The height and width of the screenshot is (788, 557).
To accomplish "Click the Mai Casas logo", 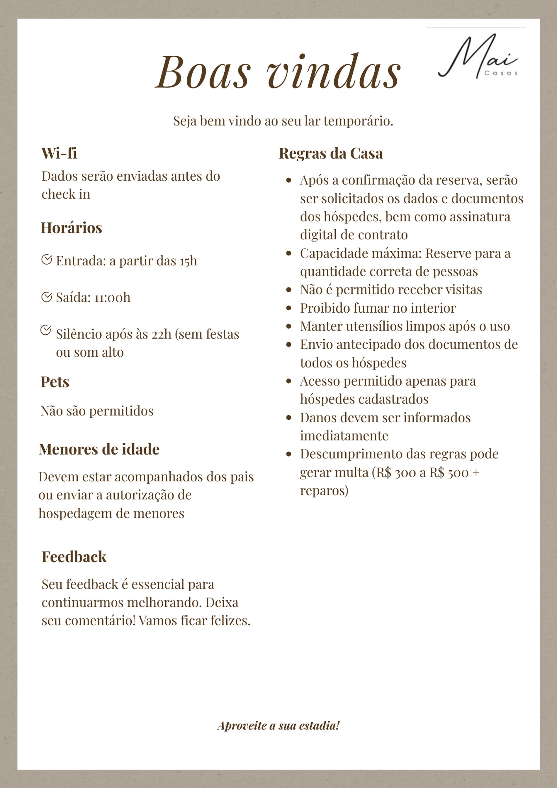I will pyautogui.click(x=478, y=56).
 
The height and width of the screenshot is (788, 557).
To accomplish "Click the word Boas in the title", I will pyautogui.click(x=203, y=72).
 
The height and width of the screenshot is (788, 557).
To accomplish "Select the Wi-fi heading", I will pyautogui.click(x=59, y=153).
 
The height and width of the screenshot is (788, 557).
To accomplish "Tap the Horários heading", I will pyautogui.click(x=71, y=228).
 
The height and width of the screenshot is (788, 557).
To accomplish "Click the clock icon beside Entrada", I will pyautogui.click(x=46, y=260).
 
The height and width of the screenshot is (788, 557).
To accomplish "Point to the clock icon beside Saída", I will pyautogui.click(x=46, y=296).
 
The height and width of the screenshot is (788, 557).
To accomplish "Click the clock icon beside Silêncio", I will pyautogui.click(x=46, y=330).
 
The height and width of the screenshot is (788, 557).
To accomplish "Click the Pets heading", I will pyautogui.click(x=55, y=382).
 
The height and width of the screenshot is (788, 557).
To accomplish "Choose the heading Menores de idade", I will pyautogui.click(x=99, y=449).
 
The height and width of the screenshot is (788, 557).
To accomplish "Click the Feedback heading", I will pyautogui.click(x=74, y=557).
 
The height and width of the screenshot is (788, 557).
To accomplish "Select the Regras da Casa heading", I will pyautogui.click(x=331, y=153).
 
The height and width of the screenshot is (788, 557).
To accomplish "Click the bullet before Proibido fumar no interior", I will pyautogui.click(x=288, y=308).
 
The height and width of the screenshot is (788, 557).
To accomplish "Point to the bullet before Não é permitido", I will pyautogui.click(x=288, y=290).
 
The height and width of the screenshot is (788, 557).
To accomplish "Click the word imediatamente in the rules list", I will pyautogui.click(x=344, y=436).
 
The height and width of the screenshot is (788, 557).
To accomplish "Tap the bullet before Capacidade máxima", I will pyautogui.click(x=288, y=254).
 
